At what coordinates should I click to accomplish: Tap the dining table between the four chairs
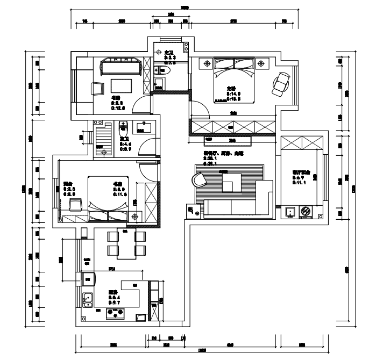click(x=126, y=243)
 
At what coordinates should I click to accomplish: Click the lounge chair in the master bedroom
click(x=280, y=82)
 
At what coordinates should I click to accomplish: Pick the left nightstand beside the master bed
click(x=207, y=64)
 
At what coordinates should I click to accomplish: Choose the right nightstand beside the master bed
click(x=261, y=64)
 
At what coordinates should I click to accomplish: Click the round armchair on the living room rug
click(x=200, y=178)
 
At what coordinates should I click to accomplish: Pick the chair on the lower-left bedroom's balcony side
click(x=75, y=204)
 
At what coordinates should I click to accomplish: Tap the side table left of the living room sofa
click(x=192, y=211)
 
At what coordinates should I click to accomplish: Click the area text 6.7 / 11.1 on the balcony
click(x=299, y=180)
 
